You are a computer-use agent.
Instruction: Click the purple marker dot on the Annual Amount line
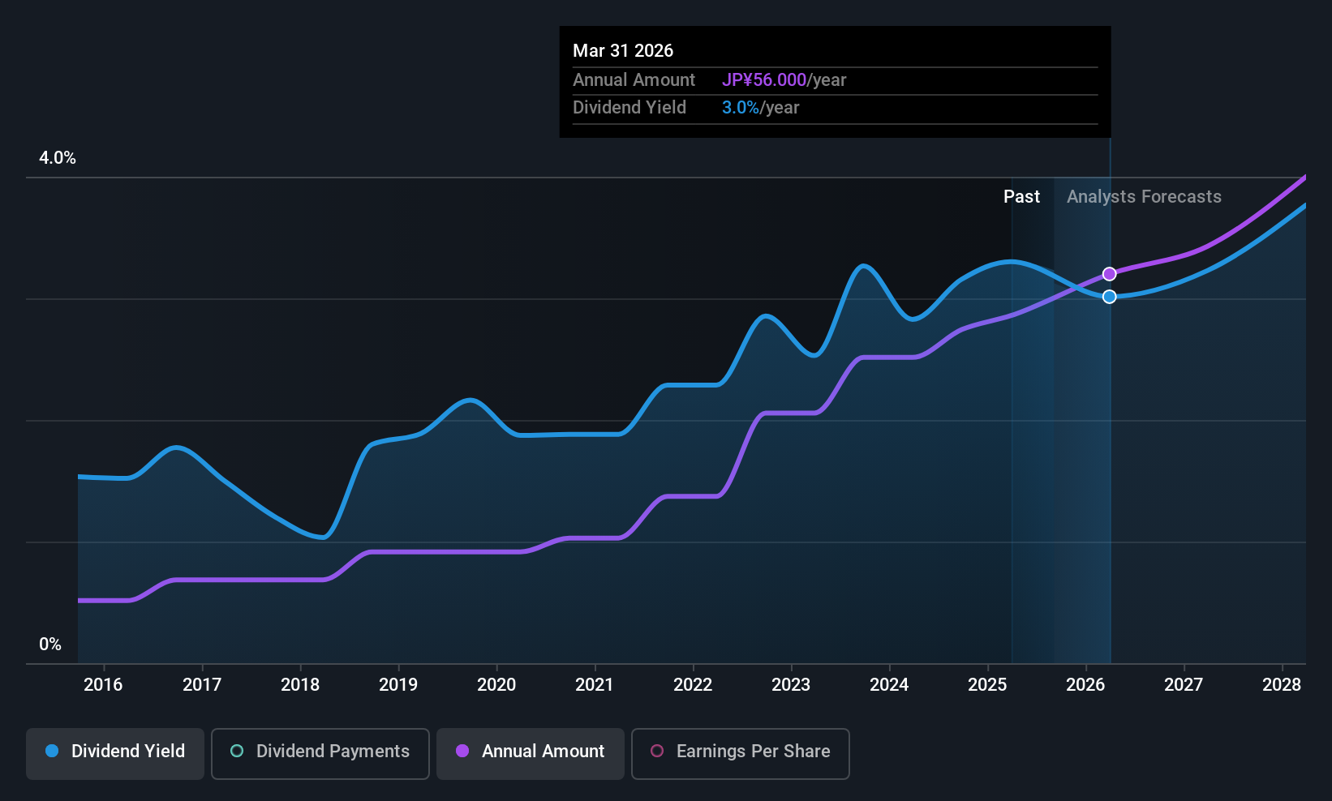[x=1109, y=274]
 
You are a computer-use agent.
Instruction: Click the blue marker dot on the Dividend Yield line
[x=1109, y=297]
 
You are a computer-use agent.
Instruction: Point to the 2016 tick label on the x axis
[x=103, y=685]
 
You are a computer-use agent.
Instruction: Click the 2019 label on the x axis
[x=398, y=685]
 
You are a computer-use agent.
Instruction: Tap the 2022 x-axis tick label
[x=693, y=685]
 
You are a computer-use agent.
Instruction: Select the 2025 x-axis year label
[x=987, y=685]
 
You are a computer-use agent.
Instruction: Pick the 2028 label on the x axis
[x=1282, y=685]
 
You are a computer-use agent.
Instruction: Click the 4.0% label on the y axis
[x=58, y=158]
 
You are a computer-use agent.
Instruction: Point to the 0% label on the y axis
[x=50, y=645]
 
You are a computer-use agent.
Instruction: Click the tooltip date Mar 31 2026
[x=623, y=51]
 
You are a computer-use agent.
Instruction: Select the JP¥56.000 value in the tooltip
[x=763, y=80]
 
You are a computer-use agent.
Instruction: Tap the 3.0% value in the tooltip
[x=740, y=108]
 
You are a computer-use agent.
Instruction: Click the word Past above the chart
[x=1021, y=197]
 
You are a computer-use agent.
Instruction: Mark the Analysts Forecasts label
[x=1144, y=197]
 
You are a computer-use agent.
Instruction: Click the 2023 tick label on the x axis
[x=791, y=685]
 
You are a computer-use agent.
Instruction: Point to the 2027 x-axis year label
[x=1184, y=685]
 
